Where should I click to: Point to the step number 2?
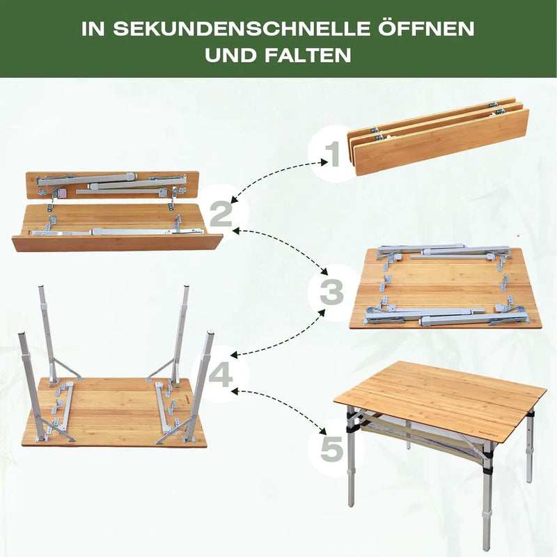click(221, 214)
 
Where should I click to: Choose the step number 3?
click(331, 293)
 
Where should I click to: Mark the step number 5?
click(332, 449)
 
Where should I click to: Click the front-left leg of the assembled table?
click(350, 458)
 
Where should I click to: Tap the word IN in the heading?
click(93, 29)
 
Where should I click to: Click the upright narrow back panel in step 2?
click(112, 185)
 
